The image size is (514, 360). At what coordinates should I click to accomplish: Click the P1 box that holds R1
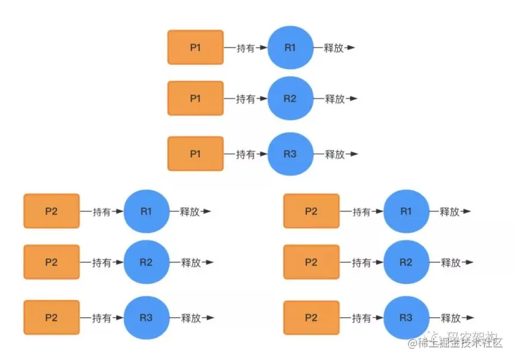click(x=195, y=47)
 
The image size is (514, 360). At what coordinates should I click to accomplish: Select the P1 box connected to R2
click(x=195, y=98)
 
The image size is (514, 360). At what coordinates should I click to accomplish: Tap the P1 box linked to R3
click(x=195, y=154)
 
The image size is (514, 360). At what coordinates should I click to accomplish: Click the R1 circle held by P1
click(x=290, y=47)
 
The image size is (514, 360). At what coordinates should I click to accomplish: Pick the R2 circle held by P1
click(x=290, y=98)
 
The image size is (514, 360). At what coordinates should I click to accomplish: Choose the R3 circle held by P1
click(x=290, y=154)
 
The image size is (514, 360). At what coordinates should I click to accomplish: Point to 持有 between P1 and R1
click(x=245, y=48)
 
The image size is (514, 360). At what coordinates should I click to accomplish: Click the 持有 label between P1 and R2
click(x=245, y=99)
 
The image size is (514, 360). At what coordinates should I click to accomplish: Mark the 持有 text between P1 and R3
click(x=245, y=154)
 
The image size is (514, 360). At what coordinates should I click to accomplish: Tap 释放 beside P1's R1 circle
click(x=334, y=48)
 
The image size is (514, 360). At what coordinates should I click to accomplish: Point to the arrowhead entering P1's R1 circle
click(x=264, y=48)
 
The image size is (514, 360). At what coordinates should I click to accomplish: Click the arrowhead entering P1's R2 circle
click(x=264, y=99)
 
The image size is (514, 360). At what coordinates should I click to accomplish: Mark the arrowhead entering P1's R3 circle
click(x=264, y=154)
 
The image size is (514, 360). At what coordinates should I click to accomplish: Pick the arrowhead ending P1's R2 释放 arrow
click(x=353, y=99)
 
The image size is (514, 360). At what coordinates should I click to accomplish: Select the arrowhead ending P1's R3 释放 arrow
click(x=353, y=154)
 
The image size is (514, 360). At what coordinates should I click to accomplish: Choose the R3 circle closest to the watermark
click(x=406, y=317)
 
